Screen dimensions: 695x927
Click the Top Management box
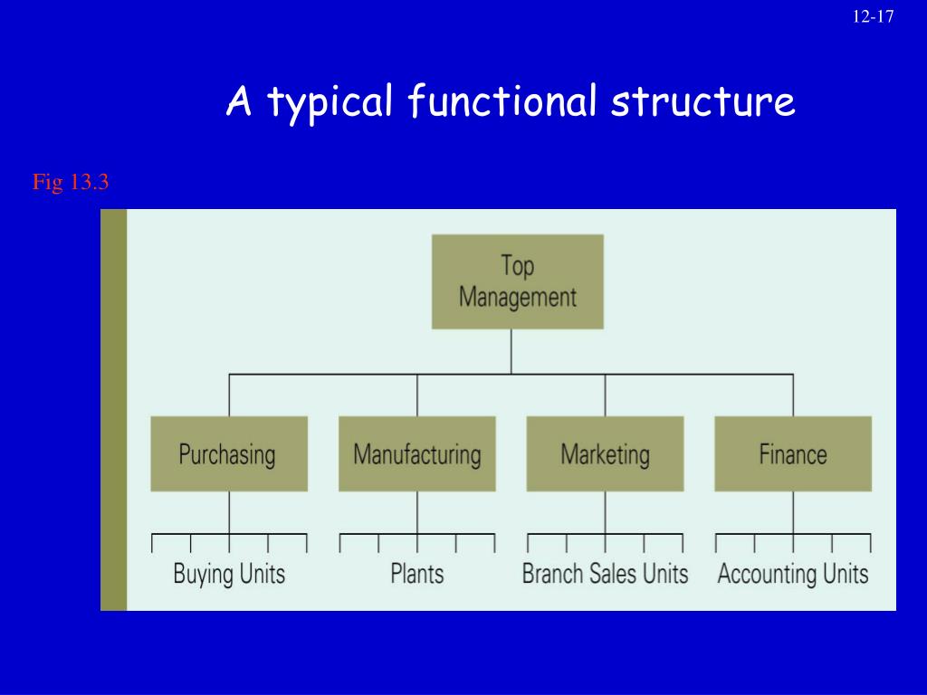click(x=517, y=281)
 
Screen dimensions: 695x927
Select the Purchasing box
click(x=229, y=453)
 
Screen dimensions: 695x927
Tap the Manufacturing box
click(x=417, y=453)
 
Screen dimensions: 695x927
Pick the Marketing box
click(x=605, y=453)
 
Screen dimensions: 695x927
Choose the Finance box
click(x=793, y=453)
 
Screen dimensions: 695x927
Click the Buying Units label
click(x=229, y=574)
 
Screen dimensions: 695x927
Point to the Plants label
click(x=417, y=574)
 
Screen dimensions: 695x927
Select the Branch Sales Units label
click(x=605, y=574)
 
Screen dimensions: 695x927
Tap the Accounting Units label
click(x=793, y=574)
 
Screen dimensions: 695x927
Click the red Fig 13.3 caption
click(x=71, y=183)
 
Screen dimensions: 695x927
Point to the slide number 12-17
click(x=874, y=17)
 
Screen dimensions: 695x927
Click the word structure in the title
click(x=702, y=101)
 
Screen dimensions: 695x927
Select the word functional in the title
click(x=502, y=101)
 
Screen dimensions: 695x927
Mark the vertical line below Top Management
click(x=511, y=351)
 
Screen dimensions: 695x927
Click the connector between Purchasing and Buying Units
click(x=229, y=512)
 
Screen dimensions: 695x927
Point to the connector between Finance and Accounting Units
click(x=793, y=512)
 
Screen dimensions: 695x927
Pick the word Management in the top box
click(x=518, y=297)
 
